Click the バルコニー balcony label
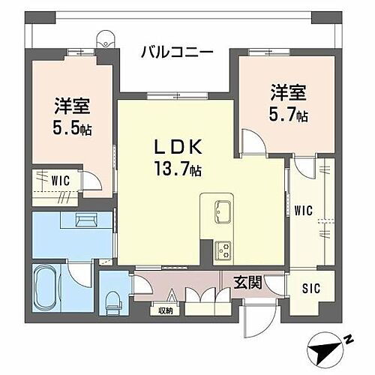click(x=177, y=52)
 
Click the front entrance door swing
click(x=255, y=319)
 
